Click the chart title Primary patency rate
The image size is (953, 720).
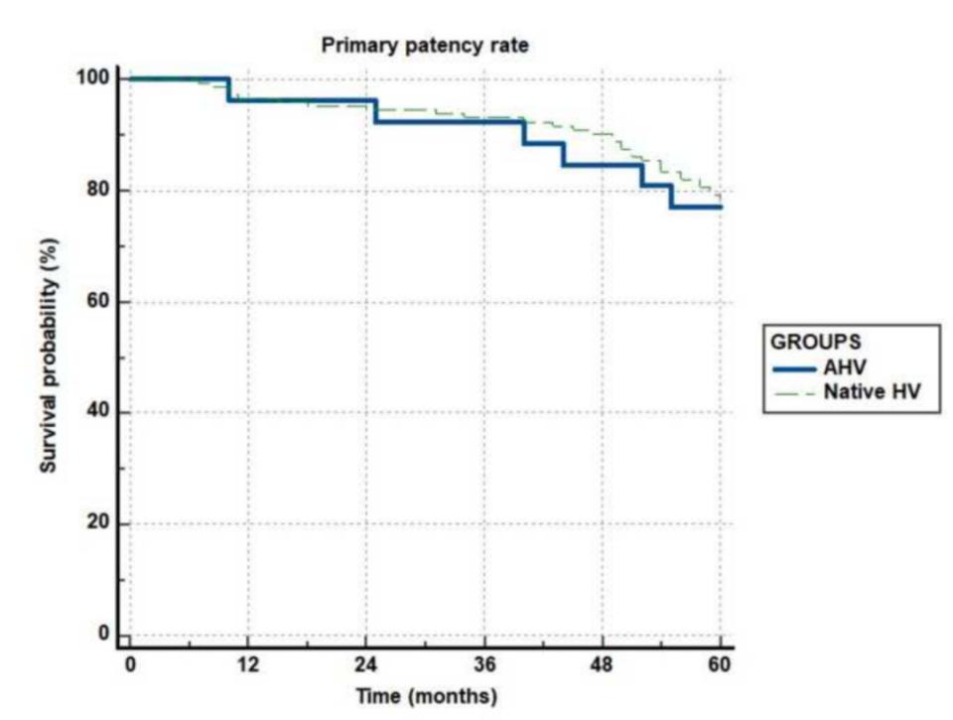(425, 46)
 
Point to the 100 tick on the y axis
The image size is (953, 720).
(97, 78)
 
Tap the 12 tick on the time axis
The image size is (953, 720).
(248, 662)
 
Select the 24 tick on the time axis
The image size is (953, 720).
(366, 662)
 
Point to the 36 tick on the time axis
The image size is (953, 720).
(484, 662)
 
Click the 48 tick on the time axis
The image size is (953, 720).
(603, 662)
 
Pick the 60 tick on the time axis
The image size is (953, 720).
(721, 662)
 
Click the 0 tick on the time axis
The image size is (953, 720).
(130, 662)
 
